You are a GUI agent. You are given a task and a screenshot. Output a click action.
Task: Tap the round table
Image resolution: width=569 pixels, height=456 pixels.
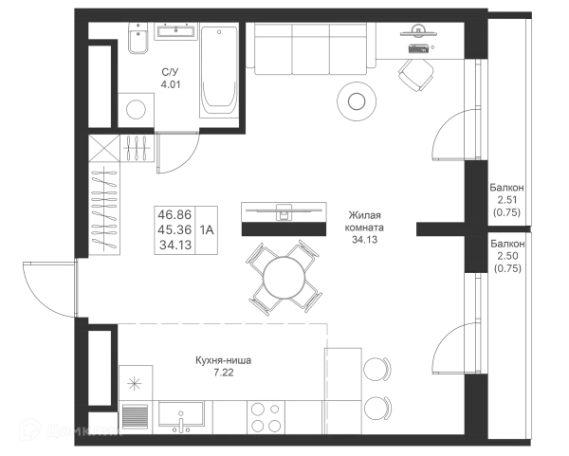(x=357, y=98)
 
